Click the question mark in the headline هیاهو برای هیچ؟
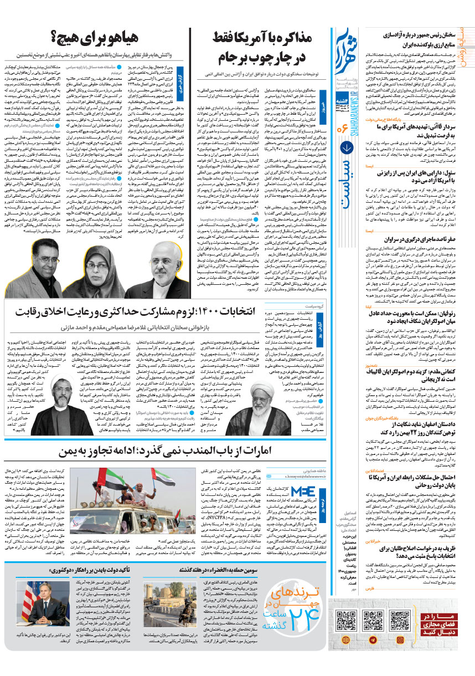coord(55,39)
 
